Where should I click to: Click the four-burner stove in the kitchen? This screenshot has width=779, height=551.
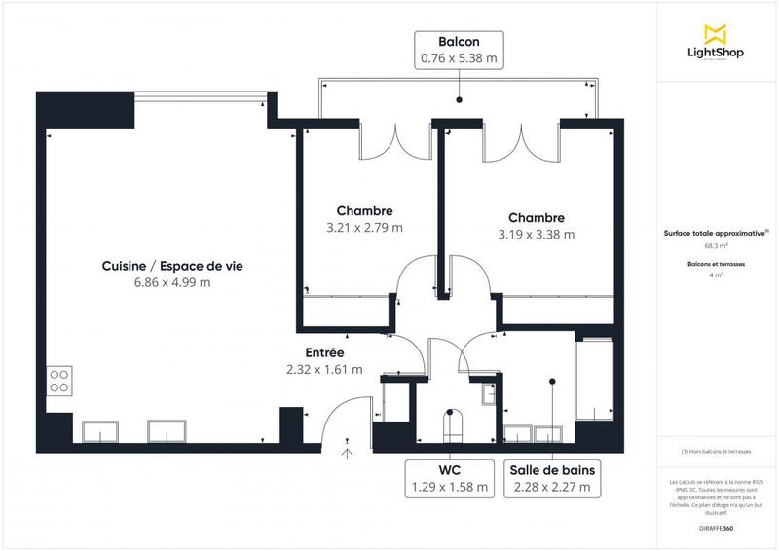click(57, 380)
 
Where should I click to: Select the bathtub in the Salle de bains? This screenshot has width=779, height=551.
click(593, 376)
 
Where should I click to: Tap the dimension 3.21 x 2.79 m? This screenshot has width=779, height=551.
click(364, 227)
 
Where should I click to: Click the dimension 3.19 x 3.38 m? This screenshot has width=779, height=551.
click(536, 234)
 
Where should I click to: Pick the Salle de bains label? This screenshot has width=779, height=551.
click(551, 470)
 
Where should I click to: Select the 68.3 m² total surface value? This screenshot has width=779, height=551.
click(717, 245)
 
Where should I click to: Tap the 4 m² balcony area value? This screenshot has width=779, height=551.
click(717, 275)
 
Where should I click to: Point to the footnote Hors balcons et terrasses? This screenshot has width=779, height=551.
click(717, 451)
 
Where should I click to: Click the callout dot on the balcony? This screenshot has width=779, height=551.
click(458, 99)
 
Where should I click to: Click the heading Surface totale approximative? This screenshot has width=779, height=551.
click(715, 233)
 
